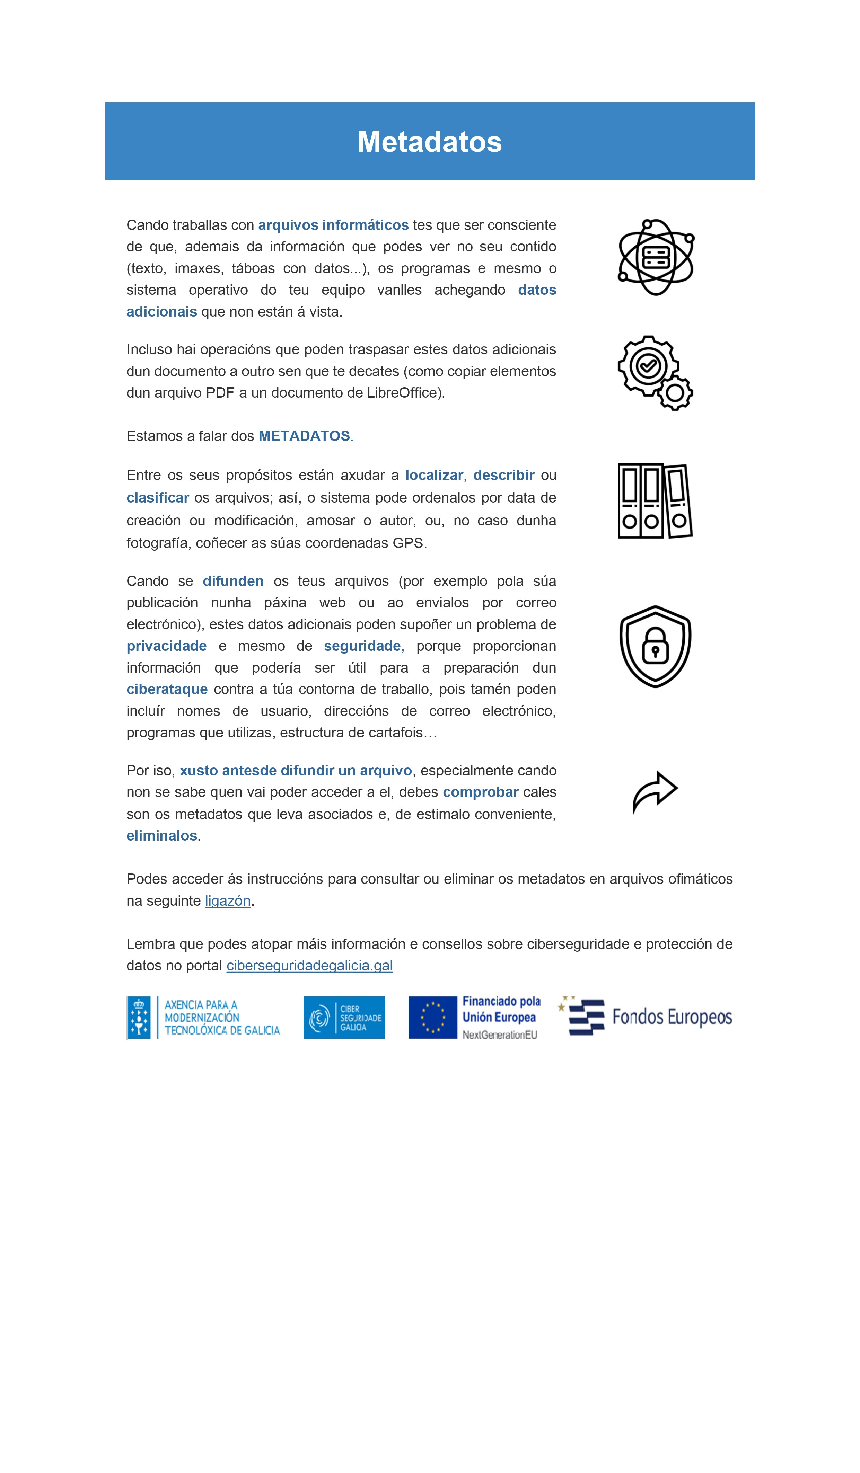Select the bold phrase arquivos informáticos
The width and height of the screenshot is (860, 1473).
coord(333,225)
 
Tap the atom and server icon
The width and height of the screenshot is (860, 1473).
coord(655,257)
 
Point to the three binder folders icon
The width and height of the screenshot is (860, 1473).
coord(655,501)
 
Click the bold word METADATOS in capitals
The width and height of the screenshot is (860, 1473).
coord(304,436)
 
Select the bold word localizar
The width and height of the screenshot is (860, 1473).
coord(434,475)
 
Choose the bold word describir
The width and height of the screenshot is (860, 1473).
coord(503,475)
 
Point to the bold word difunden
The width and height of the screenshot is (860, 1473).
coord(233,581)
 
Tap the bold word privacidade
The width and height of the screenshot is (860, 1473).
coord(167,646)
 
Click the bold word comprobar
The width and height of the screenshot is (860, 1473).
coord(481,792)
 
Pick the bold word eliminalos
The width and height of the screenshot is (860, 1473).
coord(162,835)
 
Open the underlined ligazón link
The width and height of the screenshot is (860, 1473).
coord(227,901)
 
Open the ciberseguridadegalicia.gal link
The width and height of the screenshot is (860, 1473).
coord(309,966)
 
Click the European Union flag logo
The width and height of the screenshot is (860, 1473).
coord(433,1018)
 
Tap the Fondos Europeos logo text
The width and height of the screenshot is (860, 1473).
coord(672,1017)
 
